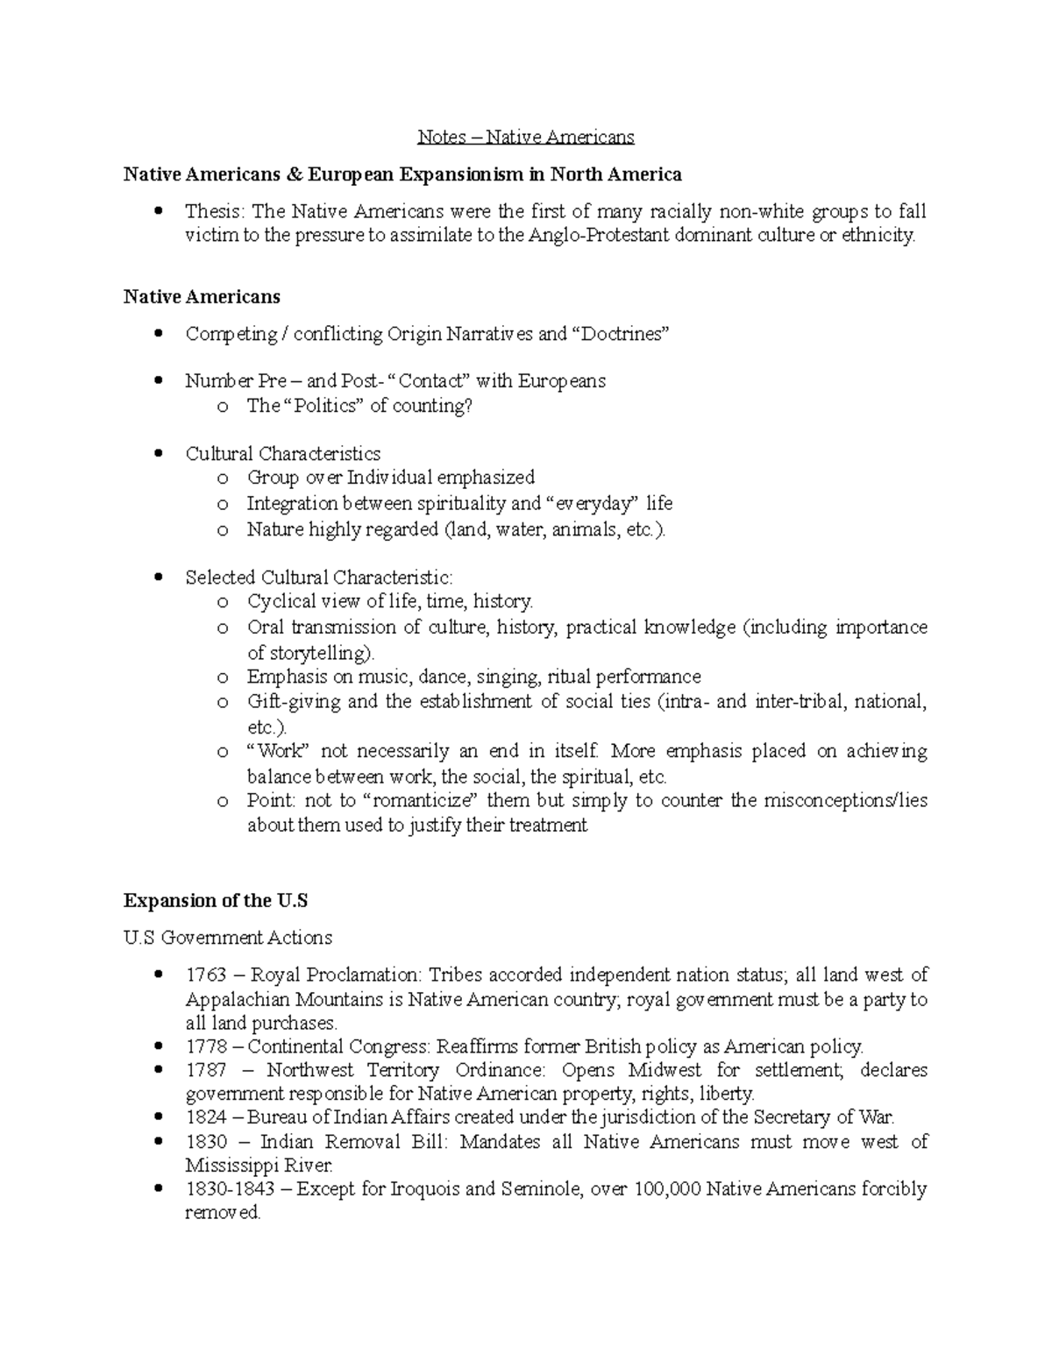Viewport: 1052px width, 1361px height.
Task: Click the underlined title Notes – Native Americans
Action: click(525, 137)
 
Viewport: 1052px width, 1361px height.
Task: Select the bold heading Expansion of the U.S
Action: click(216, 901)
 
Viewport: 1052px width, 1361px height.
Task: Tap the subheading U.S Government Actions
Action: click(228, 938)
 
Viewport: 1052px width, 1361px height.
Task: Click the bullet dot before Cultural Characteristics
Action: click(158, 454)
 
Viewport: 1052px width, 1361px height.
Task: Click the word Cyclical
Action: click(281, 601)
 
